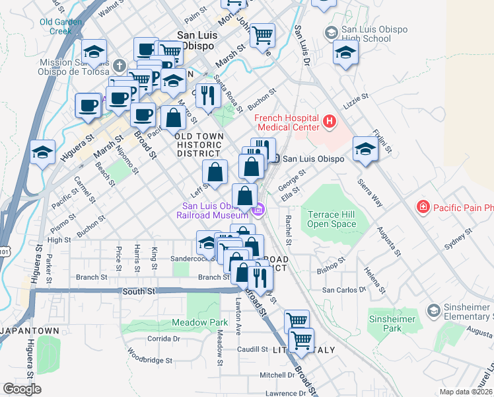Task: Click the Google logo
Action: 22,389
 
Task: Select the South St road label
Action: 138,290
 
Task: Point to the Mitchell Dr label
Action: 277,375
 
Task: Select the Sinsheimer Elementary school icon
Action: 433,310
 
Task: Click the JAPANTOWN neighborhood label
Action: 30,330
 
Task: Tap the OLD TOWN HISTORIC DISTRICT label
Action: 199,144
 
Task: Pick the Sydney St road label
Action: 460,239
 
